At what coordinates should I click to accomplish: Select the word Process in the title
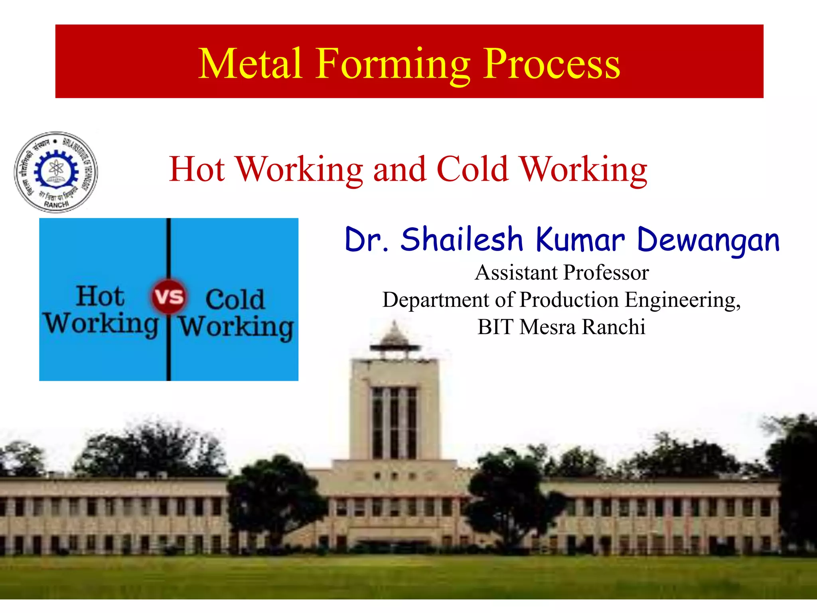[x=552, y=64]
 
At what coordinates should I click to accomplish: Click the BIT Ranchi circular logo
[x=56, y=172]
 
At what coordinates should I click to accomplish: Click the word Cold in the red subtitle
[x=472, y=169]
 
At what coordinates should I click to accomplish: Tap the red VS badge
[x=169, y=296]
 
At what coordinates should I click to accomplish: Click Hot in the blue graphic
[x=100, y=296]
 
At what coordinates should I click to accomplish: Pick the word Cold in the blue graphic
[x=235, y=299]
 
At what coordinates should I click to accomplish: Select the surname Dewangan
[x=708, y=241]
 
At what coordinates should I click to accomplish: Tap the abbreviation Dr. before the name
[x=366, y=240]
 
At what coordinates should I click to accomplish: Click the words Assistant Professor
[x=562, y=273]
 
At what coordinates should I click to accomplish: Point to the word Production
[x=569, y=300]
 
